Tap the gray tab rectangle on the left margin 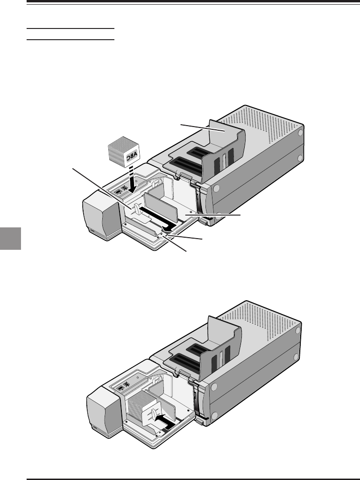point(10,239)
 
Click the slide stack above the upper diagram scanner point(124,152)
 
